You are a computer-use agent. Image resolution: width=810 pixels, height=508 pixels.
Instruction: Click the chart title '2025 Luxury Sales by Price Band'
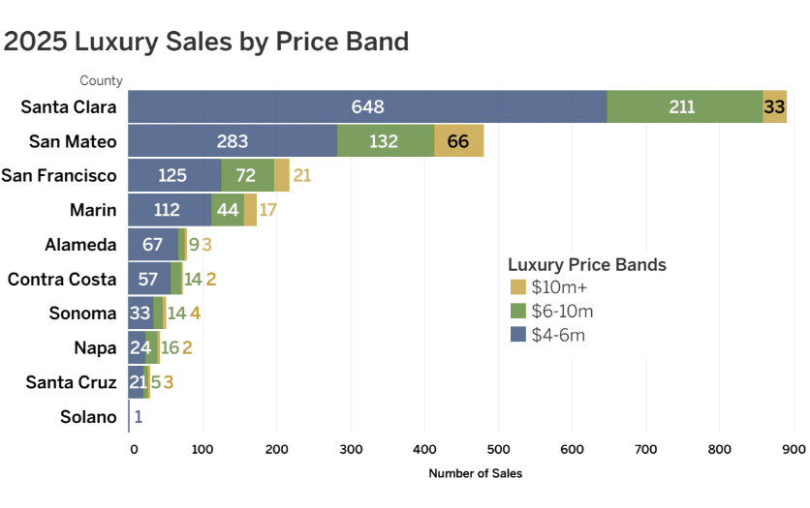point(206,42)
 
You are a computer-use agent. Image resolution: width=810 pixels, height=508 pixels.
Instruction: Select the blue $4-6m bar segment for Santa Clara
point(367,106)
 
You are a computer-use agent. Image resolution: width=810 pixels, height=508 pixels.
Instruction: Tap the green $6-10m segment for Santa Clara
point(684,106)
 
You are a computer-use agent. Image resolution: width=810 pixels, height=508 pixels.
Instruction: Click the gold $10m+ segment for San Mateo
point(458,141)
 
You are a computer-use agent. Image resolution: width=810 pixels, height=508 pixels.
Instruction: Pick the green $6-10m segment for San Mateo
point(385,141)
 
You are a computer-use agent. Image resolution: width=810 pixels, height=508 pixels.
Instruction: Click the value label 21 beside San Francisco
point(301,176)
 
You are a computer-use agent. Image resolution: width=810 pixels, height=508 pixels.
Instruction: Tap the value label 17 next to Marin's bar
point(267,210)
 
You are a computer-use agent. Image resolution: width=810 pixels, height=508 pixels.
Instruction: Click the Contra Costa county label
point(62,280)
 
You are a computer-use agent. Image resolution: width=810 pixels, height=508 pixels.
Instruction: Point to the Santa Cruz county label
point(71,382)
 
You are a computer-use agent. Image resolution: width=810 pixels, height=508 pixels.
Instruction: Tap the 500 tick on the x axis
point(497,449)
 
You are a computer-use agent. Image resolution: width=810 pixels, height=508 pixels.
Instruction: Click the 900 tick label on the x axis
point(794,449)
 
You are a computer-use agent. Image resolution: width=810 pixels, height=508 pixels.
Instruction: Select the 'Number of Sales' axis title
point(475,473)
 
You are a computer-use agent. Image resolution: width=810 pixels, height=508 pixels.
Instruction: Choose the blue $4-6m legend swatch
point(517,335)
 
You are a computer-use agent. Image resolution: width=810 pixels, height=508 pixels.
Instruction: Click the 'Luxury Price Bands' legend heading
point(586,264)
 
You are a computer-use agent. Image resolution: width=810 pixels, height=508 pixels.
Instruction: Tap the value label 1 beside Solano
point(139,417)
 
